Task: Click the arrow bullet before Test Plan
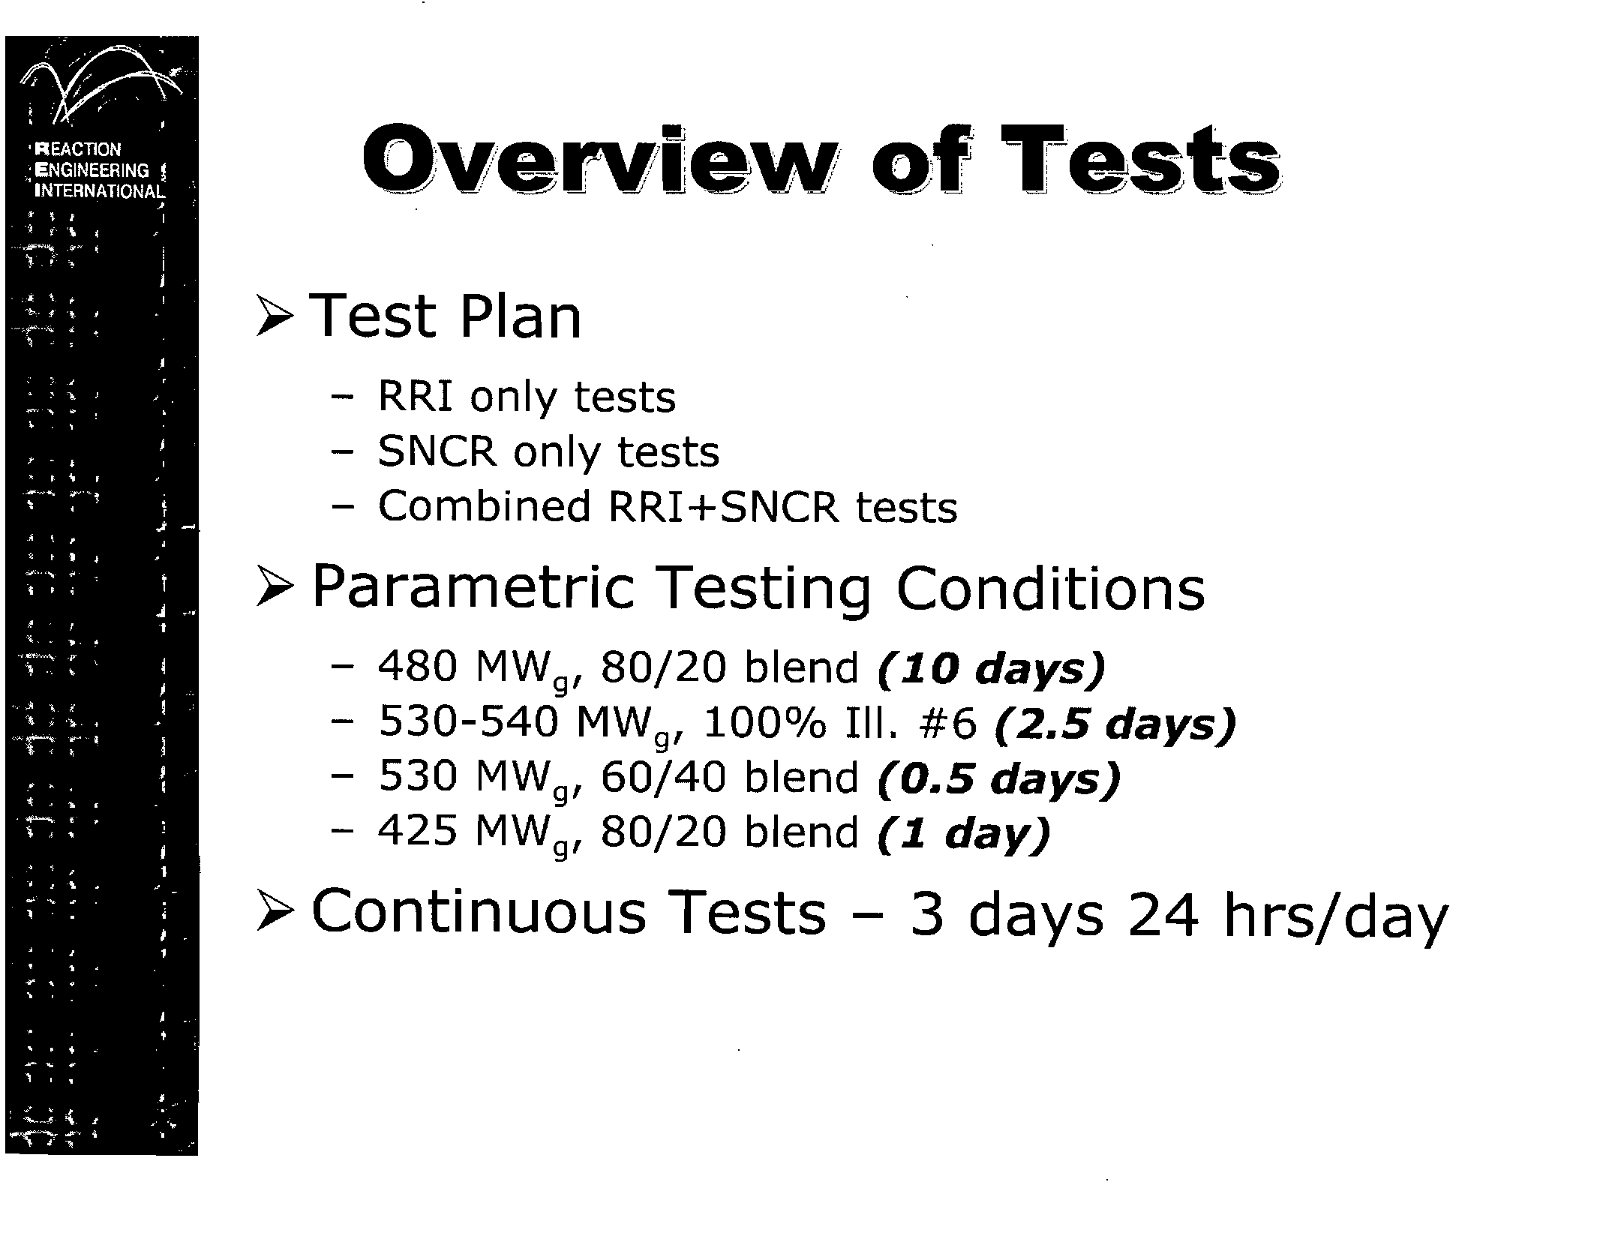[274, 316]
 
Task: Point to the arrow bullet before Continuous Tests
[274, 913]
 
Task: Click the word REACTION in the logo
[78, 149]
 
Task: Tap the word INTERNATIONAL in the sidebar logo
[100, 191]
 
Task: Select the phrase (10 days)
[991, 668]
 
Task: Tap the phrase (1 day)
[963, 833]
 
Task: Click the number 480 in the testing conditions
[417, 667]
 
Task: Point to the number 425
[417, 832]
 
